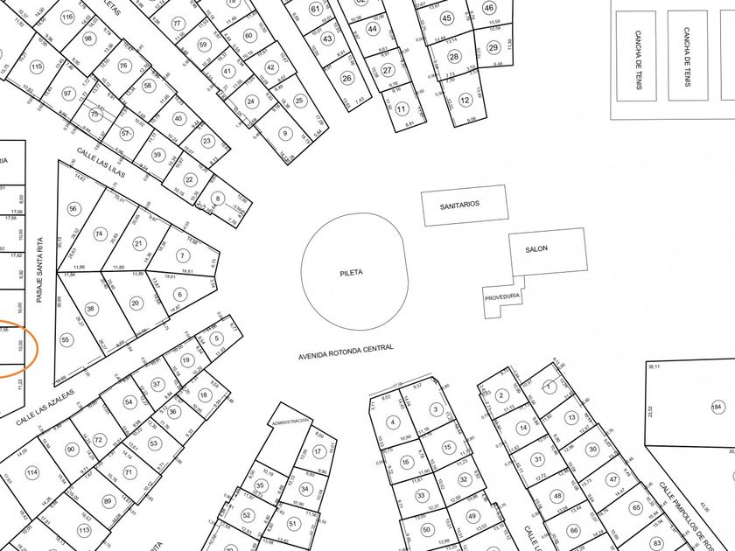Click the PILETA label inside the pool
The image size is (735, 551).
[351, 273]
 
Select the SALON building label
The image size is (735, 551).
[536, 249]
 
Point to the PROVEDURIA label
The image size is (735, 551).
[502, 297]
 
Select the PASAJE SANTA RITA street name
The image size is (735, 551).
[39, 270]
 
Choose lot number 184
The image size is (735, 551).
[717, 407]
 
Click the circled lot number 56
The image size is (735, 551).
[73, 208]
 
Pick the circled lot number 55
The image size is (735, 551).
[66, 339]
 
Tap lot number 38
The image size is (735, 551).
[91, 309]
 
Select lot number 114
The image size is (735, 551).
[31, 473]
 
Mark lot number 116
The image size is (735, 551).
[67, 17]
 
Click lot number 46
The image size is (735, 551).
[489, 8]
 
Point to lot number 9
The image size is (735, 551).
[284, 133]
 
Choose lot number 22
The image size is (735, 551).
[189, 179]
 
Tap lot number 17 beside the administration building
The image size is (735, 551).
[318, 450]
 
